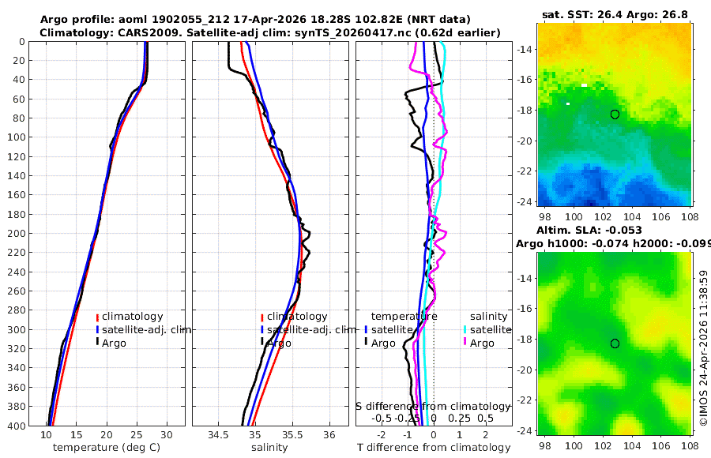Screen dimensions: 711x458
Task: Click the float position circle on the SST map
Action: [615, 114]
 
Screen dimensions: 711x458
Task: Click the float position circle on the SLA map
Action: [615, 343]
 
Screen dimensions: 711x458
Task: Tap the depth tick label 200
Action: [16, 233]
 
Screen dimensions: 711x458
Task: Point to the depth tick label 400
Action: [16, 426]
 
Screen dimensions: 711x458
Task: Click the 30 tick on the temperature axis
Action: [167, 435]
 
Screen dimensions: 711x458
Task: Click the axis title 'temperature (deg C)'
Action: [107, 448]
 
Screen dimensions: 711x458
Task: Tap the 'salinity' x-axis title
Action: [269, 448]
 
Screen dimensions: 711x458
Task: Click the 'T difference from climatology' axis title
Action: [434, 448]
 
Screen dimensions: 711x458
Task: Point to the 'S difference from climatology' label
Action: [434, 407]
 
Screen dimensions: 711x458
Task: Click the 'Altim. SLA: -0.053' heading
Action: [589, 230]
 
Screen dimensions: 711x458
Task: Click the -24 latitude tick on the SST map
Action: [525, 202]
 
